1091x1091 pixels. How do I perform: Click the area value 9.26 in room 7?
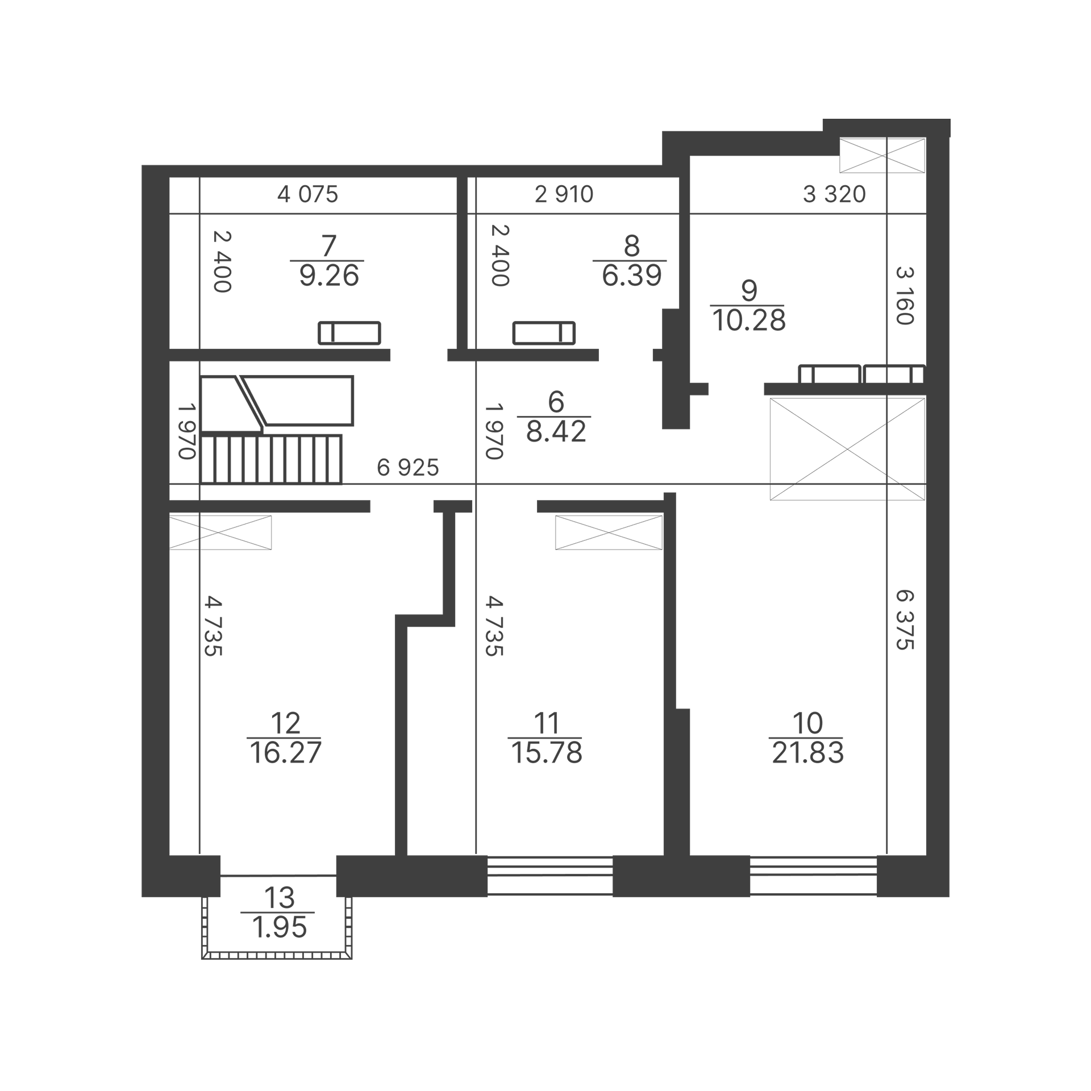(329, 276)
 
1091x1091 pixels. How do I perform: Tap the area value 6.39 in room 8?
(632, 276)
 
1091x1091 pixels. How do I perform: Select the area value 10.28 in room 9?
(749, 320)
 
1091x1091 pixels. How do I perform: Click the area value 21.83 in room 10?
(808, 753)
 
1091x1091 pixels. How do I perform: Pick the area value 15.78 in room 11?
(547, 753)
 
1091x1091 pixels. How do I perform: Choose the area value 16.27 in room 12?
(285, 753)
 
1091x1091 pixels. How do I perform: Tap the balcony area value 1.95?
(280, 928)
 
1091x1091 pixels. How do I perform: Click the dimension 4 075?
(308, 195)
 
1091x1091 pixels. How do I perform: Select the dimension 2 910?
(564, 195)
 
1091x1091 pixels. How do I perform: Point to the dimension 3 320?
(834, 195)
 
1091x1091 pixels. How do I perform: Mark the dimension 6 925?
(408, 468)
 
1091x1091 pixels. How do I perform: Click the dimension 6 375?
(905, 619)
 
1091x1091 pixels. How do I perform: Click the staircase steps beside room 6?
(271, 459)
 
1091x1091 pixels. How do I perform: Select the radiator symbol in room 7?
(349, 333)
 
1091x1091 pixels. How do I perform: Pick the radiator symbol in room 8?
(544, 333)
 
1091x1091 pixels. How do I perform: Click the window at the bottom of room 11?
(550, 876)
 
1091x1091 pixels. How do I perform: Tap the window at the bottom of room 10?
(813, 876)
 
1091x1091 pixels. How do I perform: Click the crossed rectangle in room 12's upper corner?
(220, 532)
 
